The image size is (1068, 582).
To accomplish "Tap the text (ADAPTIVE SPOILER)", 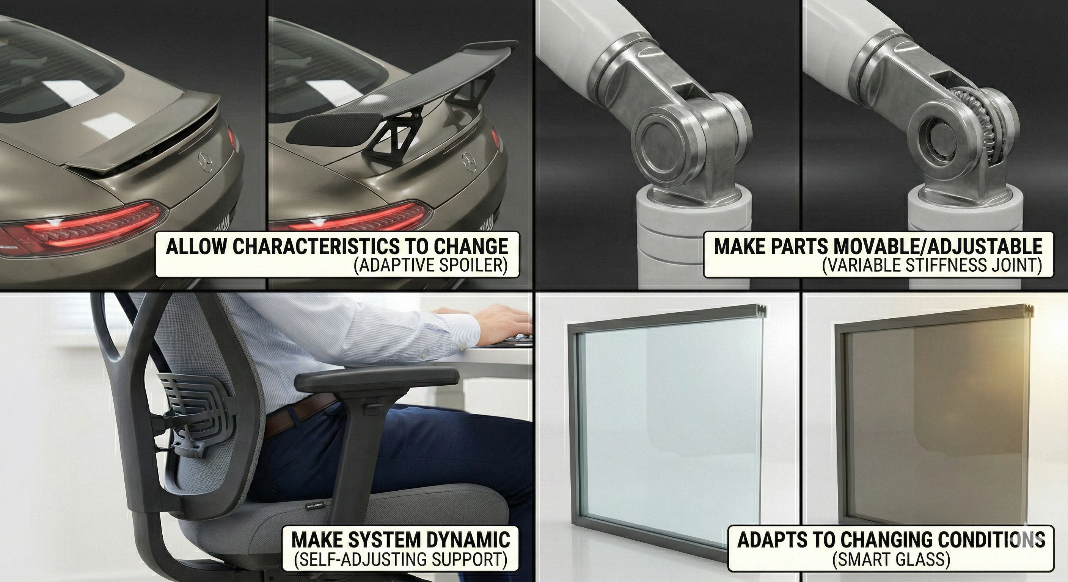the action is pyautogui.click(x=431, y=266).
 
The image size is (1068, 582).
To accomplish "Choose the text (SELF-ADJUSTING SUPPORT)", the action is pyautogui.click(x=401, y=559).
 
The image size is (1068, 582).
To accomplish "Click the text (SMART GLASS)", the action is pyautogui.click(x=891, y=559).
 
